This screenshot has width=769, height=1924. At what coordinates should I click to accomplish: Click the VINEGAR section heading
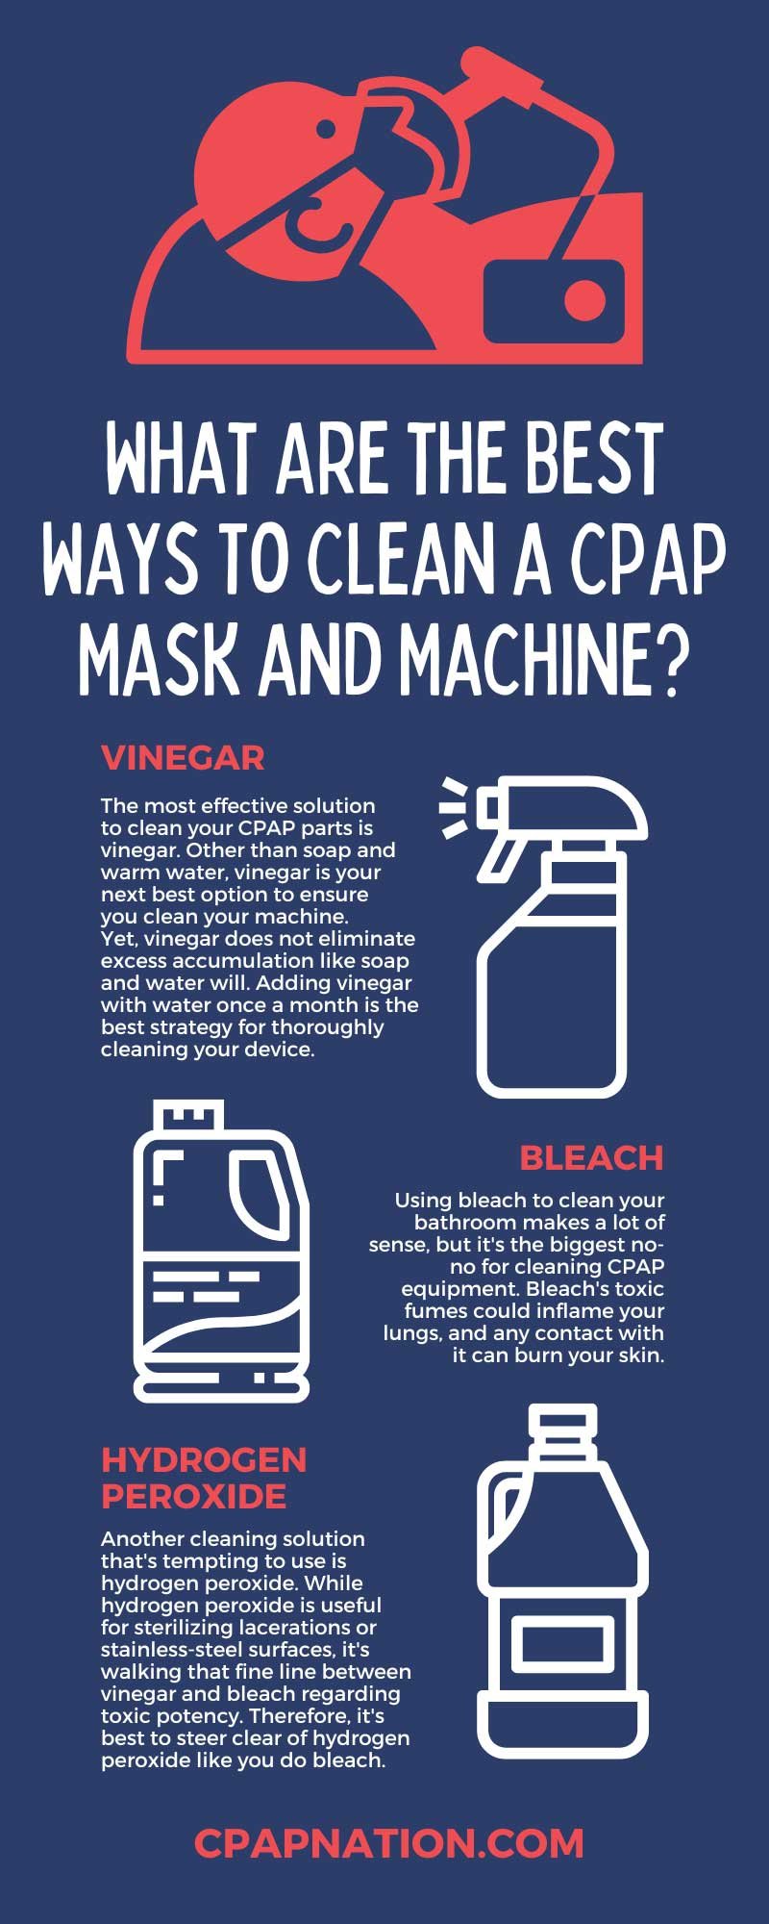183,758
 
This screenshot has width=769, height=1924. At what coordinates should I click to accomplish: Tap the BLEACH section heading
591,1157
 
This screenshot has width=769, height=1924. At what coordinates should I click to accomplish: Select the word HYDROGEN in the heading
204,1459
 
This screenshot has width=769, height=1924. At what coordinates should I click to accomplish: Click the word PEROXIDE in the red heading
194,1496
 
